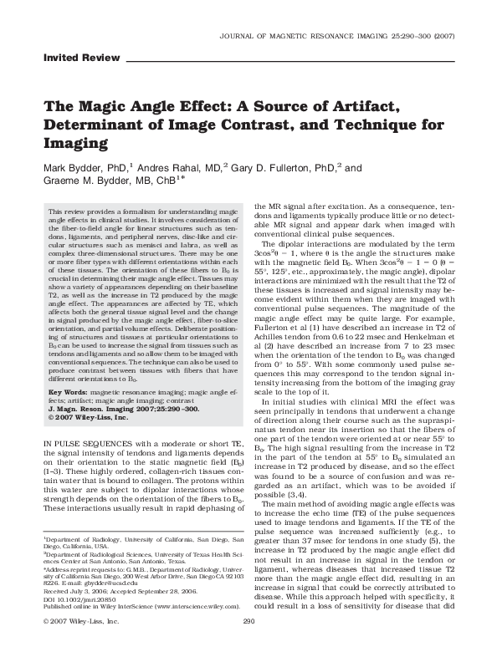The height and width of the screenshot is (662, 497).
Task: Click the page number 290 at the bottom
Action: tap(248, 645)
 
